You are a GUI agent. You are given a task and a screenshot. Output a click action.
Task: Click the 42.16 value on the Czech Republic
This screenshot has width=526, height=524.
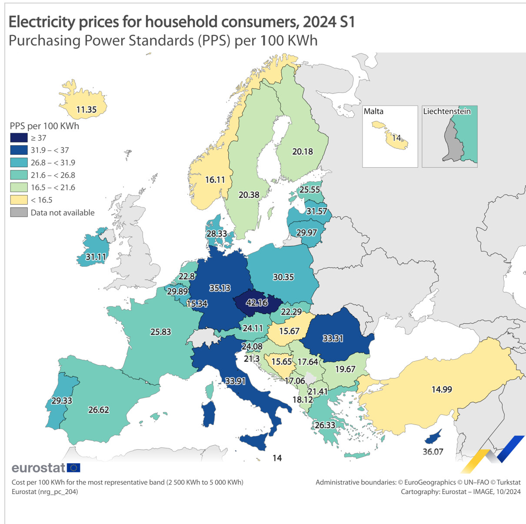(257, 302)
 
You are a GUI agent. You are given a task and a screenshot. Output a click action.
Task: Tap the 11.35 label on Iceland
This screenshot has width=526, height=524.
(86, 109)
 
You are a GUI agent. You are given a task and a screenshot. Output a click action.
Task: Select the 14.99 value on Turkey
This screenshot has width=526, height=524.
(442, 389)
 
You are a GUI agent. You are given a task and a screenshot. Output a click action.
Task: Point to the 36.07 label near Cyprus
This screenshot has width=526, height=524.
(433, 451)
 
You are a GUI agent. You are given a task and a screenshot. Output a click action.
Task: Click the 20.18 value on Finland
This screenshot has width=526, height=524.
(303, 151)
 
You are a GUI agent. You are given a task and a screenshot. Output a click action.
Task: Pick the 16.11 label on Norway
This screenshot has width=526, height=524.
(215, 179)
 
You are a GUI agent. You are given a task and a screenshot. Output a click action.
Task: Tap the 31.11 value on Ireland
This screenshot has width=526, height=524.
(96, 257)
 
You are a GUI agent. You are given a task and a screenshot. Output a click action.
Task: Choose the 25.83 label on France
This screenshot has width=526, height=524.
(160, 332)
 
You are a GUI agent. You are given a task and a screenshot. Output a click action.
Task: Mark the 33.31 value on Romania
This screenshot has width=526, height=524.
(333, 338)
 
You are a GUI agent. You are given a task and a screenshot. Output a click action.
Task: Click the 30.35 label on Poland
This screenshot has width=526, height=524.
(283, 277)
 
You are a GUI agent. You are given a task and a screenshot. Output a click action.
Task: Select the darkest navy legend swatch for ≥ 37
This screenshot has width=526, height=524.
(19, 138)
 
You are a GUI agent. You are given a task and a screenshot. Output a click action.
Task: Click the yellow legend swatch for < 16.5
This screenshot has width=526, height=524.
(19, 200)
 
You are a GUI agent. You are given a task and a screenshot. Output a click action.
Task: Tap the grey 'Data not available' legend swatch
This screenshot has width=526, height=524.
(19, 212)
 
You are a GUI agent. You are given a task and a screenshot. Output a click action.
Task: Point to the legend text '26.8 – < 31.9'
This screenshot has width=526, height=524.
(53, 163)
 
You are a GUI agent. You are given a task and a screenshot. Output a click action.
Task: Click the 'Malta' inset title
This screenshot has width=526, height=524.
(373, 111)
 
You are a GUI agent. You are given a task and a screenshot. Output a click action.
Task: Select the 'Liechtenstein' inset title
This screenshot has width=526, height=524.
(447, 111)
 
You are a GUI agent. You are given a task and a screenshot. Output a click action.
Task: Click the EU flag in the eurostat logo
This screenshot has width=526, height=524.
(74, 468)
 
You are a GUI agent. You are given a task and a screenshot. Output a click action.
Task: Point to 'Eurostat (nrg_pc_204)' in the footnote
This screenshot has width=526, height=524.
(45, 491)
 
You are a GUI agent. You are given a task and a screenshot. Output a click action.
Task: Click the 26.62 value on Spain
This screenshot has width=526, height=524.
(99, 410)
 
